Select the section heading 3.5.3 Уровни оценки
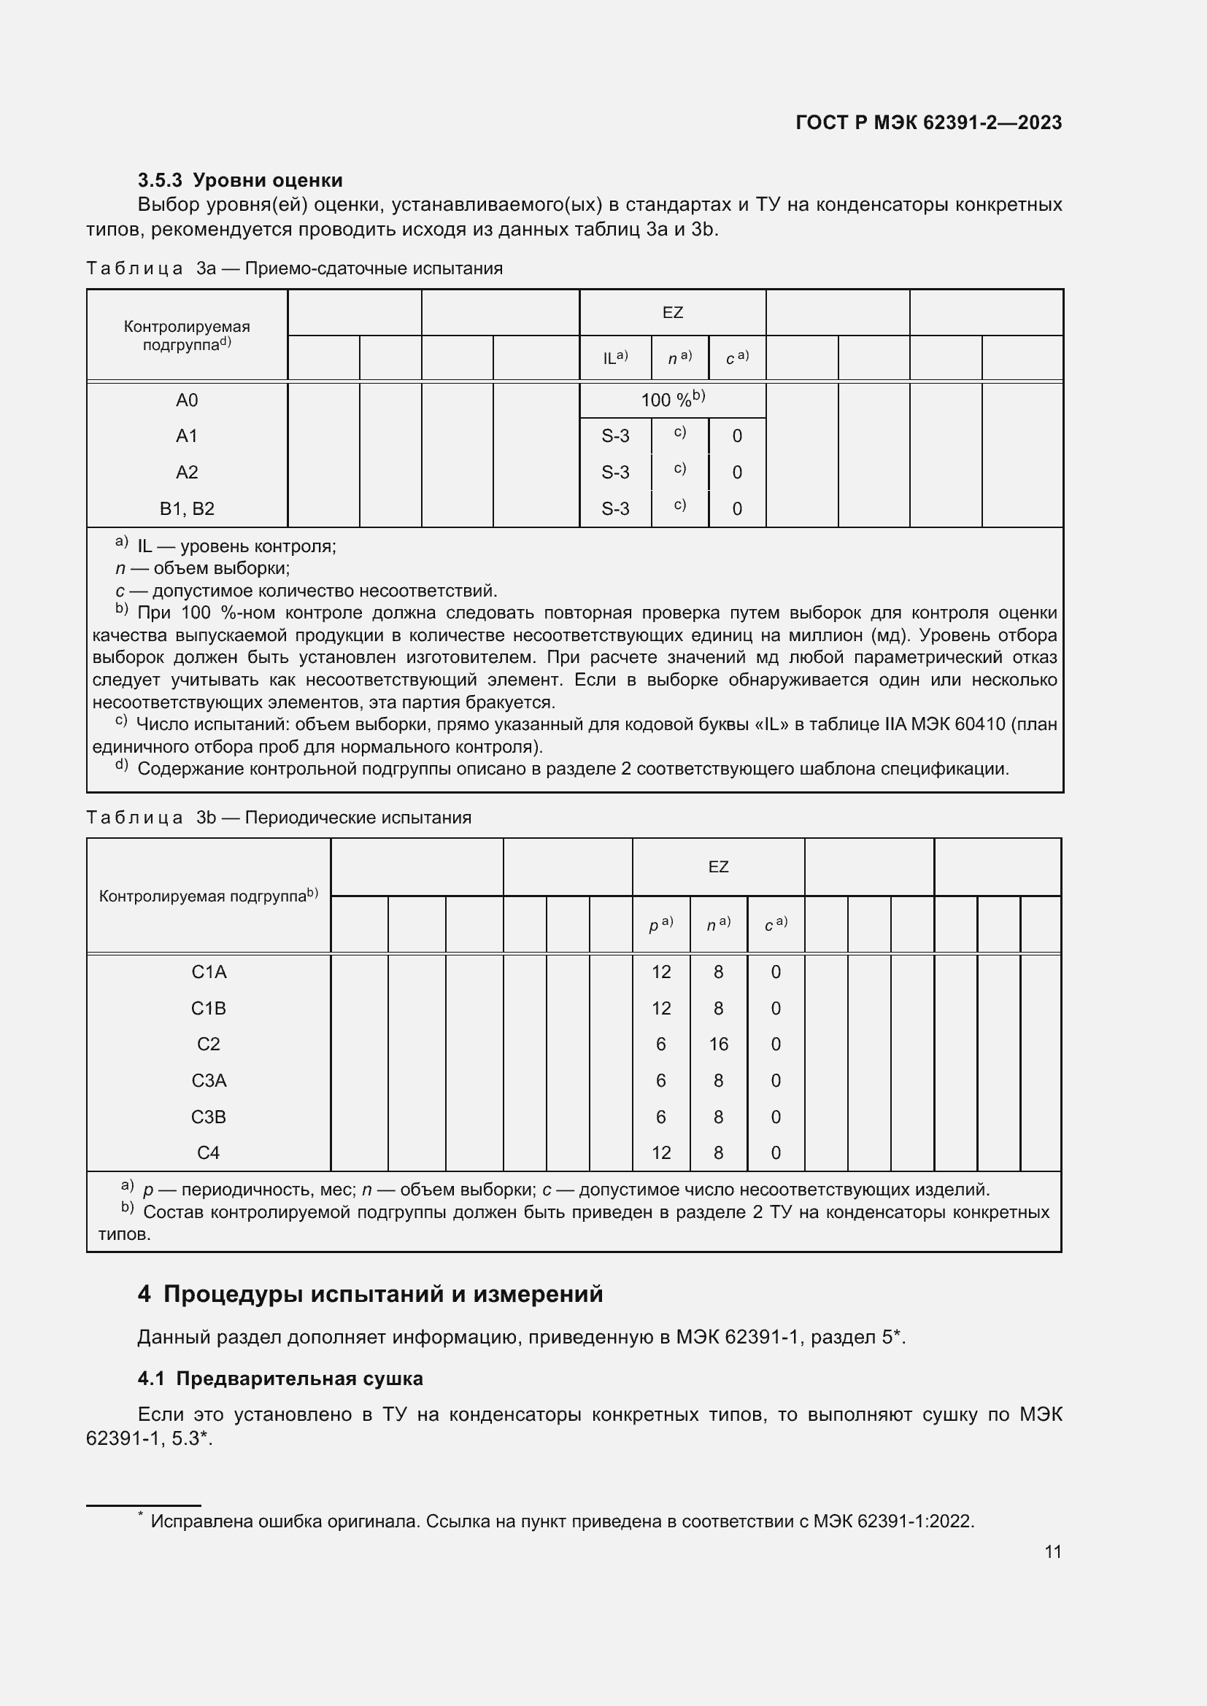pyautogui.click(x=239, y=181)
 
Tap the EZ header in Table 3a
pyautogui.click(x=672, y=313)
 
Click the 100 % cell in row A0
pyautogui.click(x=672, y=400)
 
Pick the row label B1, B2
pyautogui.click(x=187, y=509)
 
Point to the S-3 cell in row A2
pyautogui.click(x=614, y=473)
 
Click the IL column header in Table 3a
pyautogui.click(x=614, y=357)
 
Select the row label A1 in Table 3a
pyautogui.click(x=187, y=436)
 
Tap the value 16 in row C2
pyautogui.click(x=718, y=1044)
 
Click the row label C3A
pyautogui.click(x=208, y=1081)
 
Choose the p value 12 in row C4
pyautogui.click(x=660, y=1153)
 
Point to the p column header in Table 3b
pyautogui.click(x=660, y=925)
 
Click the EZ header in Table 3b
pyautogui.click(x=718, y=867)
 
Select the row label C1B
pyautogui.click(x=208, y=1009)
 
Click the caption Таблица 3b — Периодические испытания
pyautogui.click(x=279, y=818)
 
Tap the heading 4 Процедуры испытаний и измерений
pyautogui.click(x=369, y=1295)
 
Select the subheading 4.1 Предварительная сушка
pyautogui.click(x=280, y=1379)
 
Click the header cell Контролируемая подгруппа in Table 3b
pyautogui.click(x=208, y=896)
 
